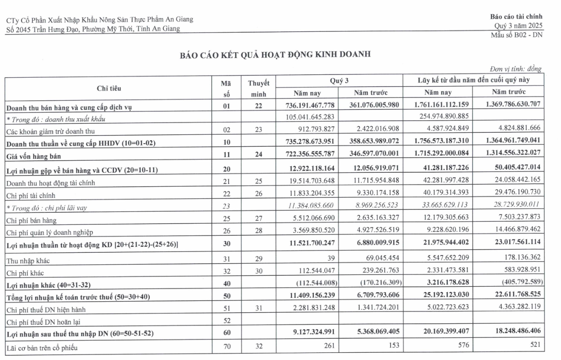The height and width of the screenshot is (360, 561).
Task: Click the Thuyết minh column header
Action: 258,89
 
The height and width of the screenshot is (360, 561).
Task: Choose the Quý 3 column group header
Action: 339,80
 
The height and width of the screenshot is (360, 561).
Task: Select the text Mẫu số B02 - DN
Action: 516,36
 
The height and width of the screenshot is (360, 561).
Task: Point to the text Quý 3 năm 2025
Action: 518,26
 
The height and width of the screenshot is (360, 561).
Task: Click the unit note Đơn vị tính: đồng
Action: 515,69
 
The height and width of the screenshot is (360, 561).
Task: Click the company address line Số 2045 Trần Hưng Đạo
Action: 93,29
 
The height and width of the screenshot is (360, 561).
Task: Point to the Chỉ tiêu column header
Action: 109,89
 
